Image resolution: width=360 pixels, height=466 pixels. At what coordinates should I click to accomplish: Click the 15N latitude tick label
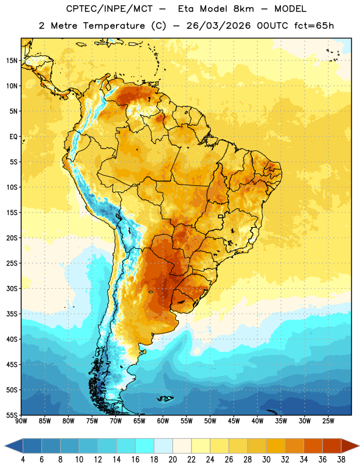12,61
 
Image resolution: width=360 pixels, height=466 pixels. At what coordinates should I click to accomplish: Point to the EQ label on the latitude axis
13,137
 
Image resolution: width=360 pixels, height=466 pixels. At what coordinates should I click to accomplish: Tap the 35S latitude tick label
12,314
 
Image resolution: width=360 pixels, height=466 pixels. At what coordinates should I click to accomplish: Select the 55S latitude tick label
12,415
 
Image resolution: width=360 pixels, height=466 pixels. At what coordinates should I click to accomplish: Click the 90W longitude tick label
22,421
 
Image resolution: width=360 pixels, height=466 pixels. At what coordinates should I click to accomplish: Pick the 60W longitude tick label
163,421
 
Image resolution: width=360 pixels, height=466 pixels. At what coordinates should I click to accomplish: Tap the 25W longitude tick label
329,421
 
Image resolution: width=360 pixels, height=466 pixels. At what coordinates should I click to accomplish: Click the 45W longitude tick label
234,421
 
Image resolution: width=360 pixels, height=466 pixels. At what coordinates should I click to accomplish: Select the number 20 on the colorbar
172,460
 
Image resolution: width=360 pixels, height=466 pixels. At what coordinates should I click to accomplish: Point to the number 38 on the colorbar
341,460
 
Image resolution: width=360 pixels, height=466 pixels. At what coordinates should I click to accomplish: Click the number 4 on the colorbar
23,460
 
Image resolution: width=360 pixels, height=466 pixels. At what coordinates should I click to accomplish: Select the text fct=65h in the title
314,26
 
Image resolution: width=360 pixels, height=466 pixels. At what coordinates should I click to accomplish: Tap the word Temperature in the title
114,26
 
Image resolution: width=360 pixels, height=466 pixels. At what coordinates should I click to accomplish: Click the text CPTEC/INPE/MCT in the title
110,9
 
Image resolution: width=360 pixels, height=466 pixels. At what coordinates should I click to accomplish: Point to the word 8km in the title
243,9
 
